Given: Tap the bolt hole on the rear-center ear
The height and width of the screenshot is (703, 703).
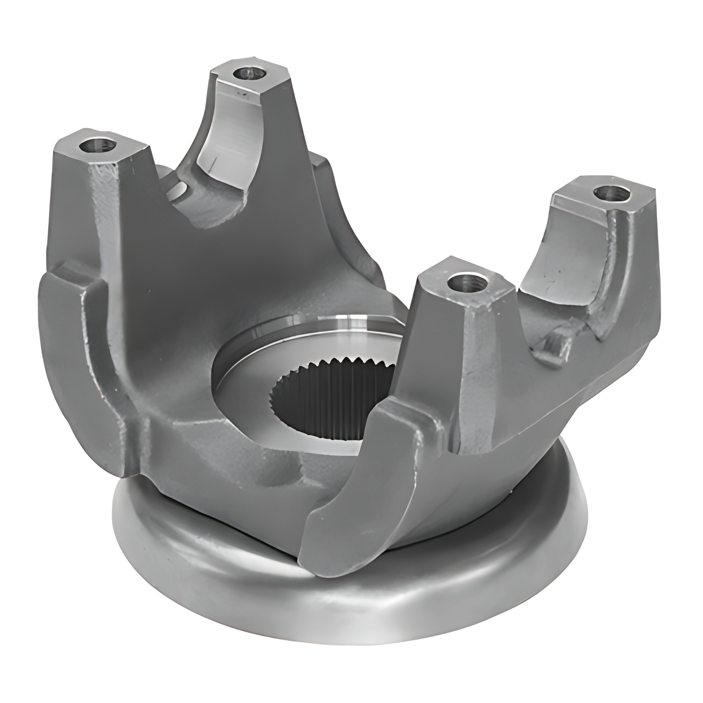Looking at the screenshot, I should pos(250,74).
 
